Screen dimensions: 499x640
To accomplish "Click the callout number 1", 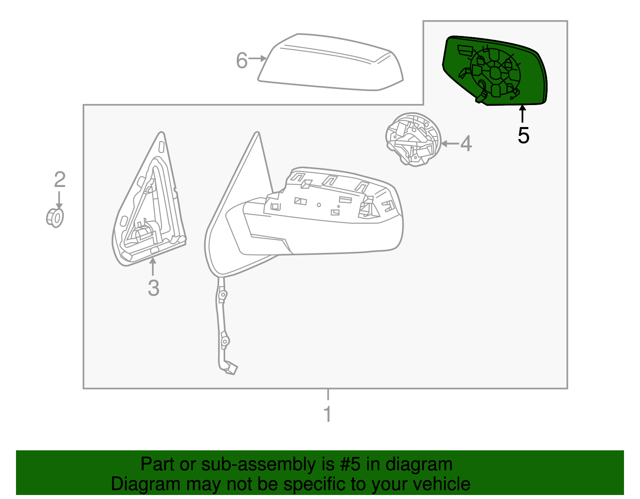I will coord(328,414).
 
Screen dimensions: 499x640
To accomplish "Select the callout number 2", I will coord(60,180).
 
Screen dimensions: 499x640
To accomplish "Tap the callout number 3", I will coord(154,288).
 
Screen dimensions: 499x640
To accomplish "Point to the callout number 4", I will coord(466,143).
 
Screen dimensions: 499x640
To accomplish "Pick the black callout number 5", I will coord(523,135).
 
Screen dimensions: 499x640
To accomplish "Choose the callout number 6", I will coord(242,61).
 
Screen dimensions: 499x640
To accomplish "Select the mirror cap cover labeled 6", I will coord(330,64).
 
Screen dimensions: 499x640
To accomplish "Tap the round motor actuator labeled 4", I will coord(413,139).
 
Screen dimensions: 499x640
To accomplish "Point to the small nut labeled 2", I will coord(55,217).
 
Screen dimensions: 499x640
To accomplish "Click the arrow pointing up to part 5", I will coord(522,113).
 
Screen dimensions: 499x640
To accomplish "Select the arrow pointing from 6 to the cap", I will coord(257,59).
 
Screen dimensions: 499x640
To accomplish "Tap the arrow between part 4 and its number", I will coord(450,143).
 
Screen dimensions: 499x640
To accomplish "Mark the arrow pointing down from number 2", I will coord(59,200).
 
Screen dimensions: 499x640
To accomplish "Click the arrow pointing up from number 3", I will coord(152,266).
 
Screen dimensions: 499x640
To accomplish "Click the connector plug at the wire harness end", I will coord(231,368).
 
